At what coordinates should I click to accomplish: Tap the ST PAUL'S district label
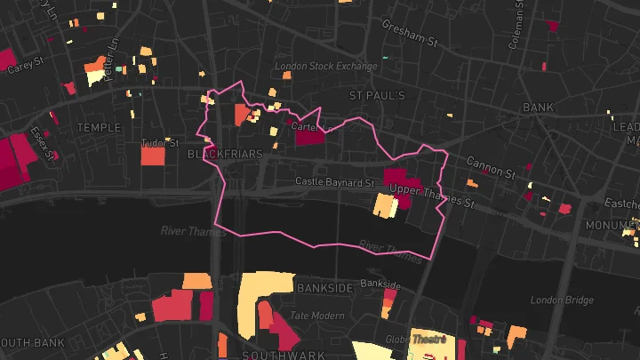click(377, 95)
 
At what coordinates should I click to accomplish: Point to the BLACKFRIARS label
click(226, 155)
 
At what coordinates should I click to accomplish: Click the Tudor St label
click(161, 142)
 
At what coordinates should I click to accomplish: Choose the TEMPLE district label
click(98, 127)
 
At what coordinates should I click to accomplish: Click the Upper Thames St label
click(434, 197)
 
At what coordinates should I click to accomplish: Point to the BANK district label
click(538, 107)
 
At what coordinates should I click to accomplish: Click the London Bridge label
click(561, 300)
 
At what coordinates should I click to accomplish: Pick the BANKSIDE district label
click(324, 289)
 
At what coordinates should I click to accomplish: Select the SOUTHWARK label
click(284, 355)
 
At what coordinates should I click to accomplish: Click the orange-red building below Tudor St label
click(153, 156)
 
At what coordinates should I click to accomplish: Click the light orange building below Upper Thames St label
click(385, 205)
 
